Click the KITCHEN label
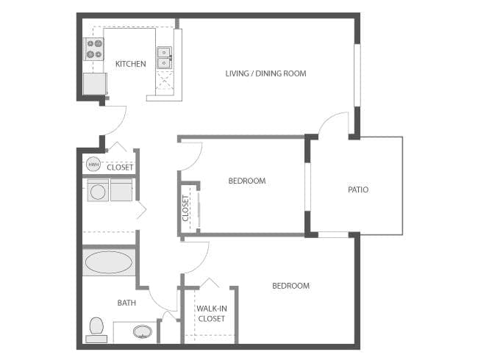[130, 64]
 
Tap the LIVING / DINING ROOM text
[265, 73]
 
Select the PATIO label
[358, 190]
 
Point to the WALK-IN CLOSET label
[212, 314]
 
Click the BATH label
[126, 303]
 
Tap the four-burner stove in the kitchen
[95, 49]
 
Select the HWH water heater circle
[93, 165]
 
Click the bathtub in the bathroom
[109, 262]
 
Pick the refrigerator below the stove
[94, 84]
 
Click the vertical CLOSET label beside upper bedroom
[186, 208]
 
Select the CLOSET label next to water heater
[120, 168]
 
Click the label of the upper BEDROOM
[246, 181]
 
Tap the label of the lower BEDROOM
[290, 286]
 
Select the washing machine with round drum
[98, 191]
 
